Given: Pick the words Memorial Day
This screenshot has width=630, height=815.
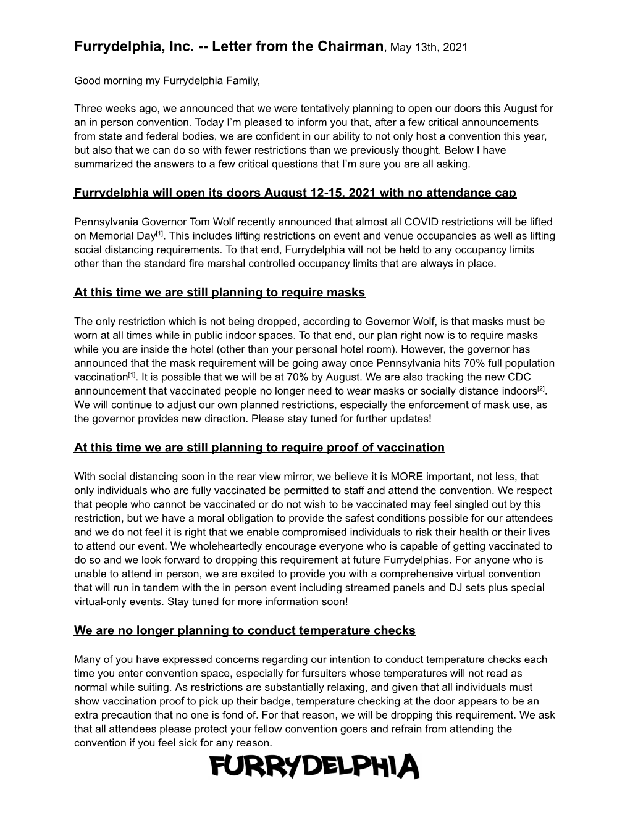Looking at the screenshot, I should point(121,236).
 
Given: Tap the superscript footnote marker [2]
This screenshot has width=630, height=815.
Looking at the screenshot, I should point(541,388).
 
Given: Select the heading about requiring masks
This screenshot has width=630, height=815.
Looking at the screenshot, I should point(219,292).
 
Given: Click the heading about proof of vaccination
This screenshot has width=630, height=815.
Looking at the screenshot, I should point(259,447).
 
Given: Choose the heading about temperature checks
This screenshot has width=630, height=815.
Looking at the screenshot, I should point(245,630).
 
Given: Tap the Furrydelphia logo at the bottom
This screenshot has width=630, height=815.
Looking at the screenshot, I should point(314,767).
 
